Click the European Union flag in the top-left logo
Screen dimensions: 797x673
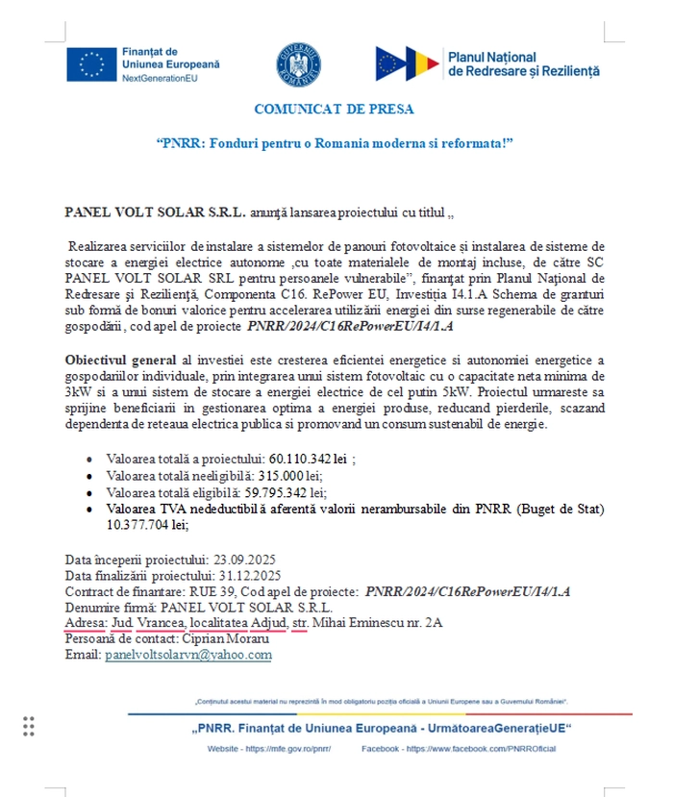[x=93, y=63]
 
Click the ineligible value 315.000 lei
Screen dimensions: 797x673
[x=293, y=476]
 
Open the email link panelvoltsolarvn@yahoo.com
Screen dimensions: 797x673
[x=188, y=656]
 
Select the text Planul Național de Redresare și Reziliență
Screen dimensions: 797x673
[x=523, y=64]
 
